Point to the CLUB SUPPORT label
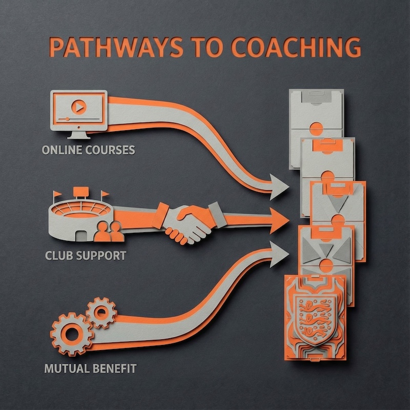(x=85, y=255)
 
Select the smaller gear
(x=100, y=311)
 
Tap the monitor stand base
(x=78, y=135)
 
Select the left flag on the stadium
(x=56, y=195)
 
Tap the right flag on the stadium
(x=105, y=195)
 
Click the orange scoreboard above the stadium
(x=80, y=192)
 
